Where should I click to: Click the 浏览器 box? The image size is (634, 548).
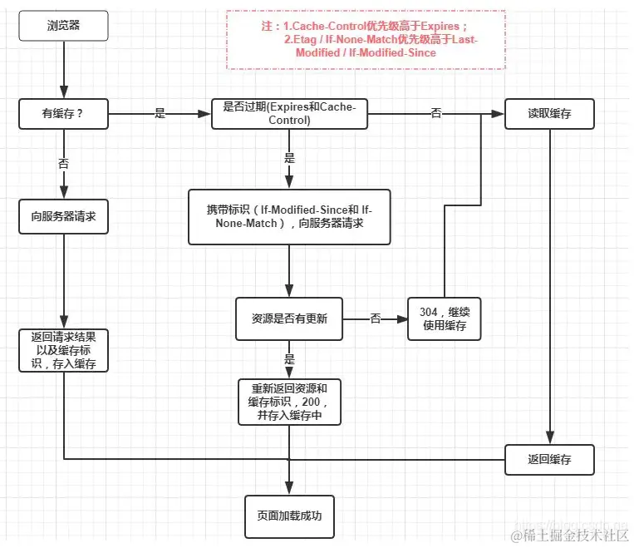click(x=64, y=26)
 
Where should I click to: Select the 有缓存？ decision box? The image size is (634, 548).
click(x=64, y=114)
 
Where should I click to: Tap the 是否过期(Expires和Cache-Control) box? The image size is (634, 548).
click(x=289, y=114)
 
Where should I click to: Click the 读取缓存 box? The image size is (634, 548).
click(x=549, y=114)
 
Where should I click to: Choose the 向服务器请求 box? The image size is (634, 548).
click(x=64, y=216)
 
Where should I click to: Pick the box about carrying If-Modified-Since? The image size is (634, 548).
click(x=289, y=216)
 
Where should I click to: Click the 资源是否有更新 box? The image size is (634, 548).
click(x=289, y=318)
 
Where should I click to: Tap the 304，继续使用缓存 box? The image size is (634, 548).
click(x=444, y=318)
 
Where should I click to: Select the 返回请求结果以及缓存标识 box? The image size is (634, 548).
click(x=64, y=350)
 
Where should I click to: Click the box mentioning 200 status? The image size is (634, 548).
click(x=289, y=402)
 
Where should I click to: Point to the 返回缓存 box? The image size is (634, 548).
click(x=549, y=459)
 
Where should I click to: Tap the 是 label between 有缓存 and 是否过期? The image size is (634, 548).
click(x=160, y=114)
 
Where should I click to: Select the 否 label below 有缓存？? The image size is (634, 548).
click(x=64, y=164)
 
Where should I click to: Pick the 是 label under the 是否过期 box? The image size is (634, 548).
click(x=289, y=158)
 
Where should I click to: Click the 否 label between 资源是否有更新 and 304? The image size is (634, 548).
click(x=375, y=318)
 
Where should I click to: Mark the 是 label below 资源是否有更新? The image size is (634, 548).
click(x=289, y=359)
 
